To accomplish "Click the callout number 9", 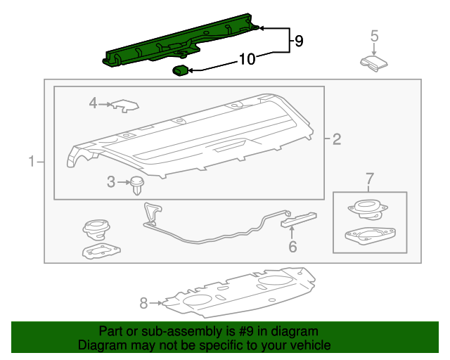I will (298, 42).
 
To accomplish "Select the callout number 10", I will (247, 60).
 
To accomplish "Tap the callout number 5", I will (374, 36).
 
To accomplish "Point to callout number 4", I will (93, 104).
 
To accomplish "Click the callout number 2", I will (336, 140).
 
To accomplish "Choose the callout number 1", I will (31, 163).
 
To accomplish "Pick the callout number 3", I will (111, 183).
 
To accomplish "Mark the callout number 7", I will (370, 181).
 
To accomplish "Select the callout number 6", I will (292, 246).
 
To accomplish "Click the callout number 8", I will (144, 304).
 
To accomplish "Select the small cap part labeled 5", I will (374, 63).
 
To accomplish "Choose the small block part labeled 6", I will (299, 219).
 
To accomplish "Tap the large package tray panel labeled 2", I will (190, 137).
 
